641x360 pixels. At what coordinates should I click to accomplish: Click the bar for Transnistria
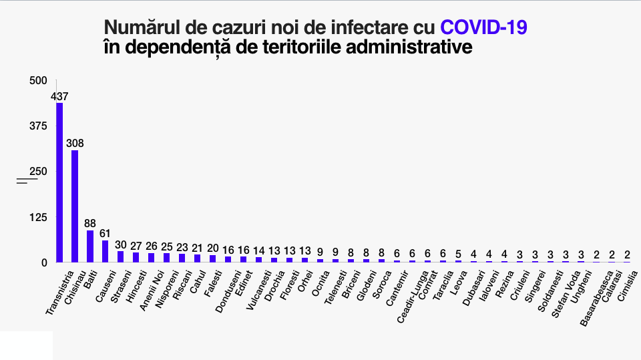[59, 182]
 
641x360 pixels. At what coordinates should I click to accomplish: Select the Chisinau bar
[75, 206]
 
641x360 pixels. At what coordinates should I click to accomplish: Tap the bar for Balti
[90, 246]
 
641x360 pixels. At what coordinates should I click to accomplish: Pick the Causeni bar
[105, 250]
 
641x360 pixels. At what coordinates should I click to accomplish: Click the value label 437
[59, 96]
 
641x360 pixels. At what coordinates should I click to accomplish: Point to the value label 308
[75, 143]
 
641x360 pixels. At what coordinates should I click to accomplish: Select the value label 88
[90, 223]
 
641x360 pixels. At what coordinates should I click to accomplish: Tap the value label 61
[105, 233]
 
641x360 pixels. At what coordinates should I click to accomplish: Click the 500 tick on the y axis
[39, 81]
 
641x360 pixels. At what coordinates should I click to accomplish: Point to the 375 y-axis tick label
[39, 126]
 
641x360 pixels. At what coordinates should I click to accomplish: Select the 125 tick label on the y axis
[39, 217]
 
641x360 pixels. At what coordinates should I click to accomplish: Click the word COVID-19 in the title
[483, 27]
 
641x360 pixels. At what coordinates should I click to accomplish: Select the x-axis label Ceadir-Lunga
[411, 295]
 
